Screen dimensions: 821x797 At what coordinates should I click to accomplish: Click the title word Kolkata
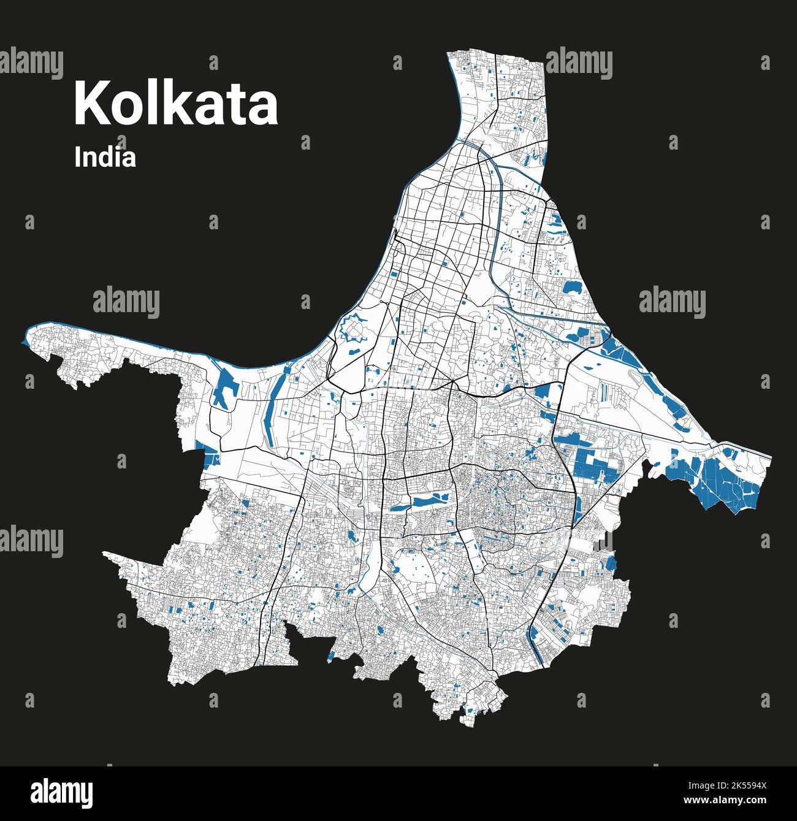pyautogui.click(x=176, y=104)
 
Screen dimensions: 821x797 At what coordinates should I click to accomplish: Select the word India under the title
pyautogui.click(x=105, y=157)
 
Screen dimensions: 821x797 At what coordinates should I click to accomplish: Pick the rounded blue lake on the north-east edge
pyautogui.click(x=573, y=286)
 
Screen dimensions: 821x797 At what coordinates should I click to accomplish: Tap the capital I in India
pyautogui.click(x=77, y=157)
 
